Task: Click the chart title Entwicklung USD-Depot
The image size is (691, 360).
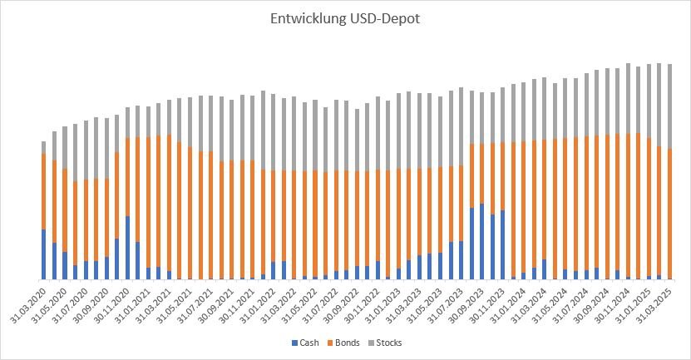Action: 345,18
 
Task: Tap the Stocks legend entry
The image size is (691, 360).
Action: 392,343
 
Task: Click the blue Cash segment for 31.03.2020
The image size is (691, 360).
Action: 43,254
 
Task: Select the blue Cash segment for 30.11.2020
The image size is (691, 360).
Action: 127,248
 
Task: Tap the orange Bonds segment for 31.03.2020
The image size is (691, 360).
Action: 43,191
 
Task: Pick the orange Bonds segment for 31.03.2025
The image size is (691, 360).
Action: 669,213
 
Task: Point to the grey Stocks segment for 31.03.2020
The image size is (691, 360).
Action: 43,147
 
